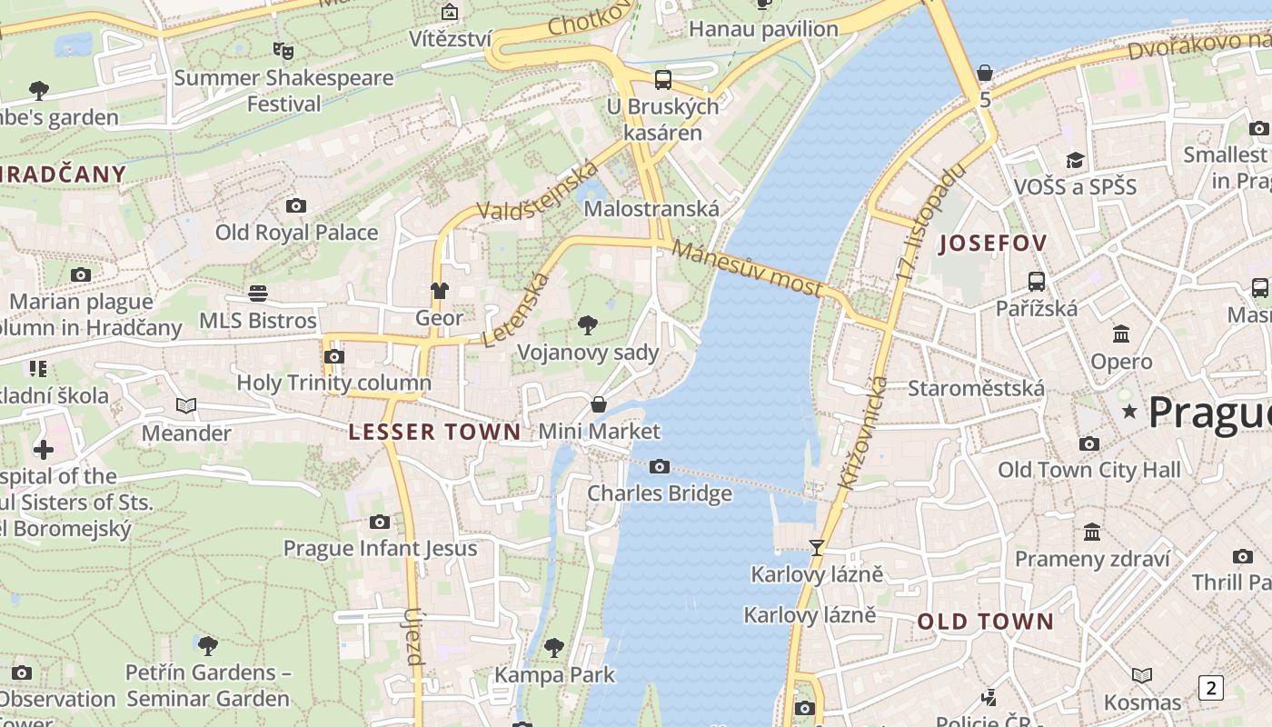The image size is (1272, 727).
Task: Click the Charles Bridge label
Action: pos(659,493)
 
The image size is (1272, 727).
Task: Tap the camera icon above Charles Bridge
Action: pos(660,467)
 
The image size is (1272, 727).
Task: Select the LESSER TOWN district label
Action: pos(435,432)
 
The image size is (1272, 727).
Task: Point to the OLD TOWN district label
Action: pos(985,622)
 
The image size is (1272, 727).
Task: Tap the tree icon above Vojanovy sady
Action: pos(588,324)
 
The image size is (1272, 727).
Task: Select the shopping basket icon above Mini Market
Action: pos(599,403)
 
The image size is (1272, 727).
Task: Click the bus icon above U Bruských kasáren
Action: pos(663,79)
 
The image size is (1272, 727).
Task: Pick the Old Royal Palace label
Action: pos(296,233)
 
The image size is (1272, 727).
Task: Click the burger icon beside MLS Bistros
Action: pos(258,294)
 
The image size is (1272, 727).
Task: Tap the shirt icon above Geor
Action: pos(439,291)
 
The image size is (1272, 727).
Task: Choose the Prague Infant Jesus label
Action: pos(380,548)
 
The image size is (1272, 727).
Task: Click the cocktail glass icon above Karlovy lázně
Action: pos(817,547)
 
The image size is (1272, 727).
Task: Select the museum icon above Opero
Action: pos(1121,334)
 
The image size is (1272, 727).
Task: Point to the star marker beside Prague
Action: pos(1129,412)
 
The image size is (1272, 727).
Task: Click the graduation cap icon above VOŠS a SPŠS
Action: pos(1075,160)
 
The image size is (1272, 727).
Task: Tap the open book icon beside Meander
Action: pos(186,406)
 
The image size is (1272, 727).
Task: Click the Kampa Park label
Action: pos(554,675)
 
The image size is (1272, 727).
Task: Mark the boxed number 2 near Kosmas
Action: pos(1210,688)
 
